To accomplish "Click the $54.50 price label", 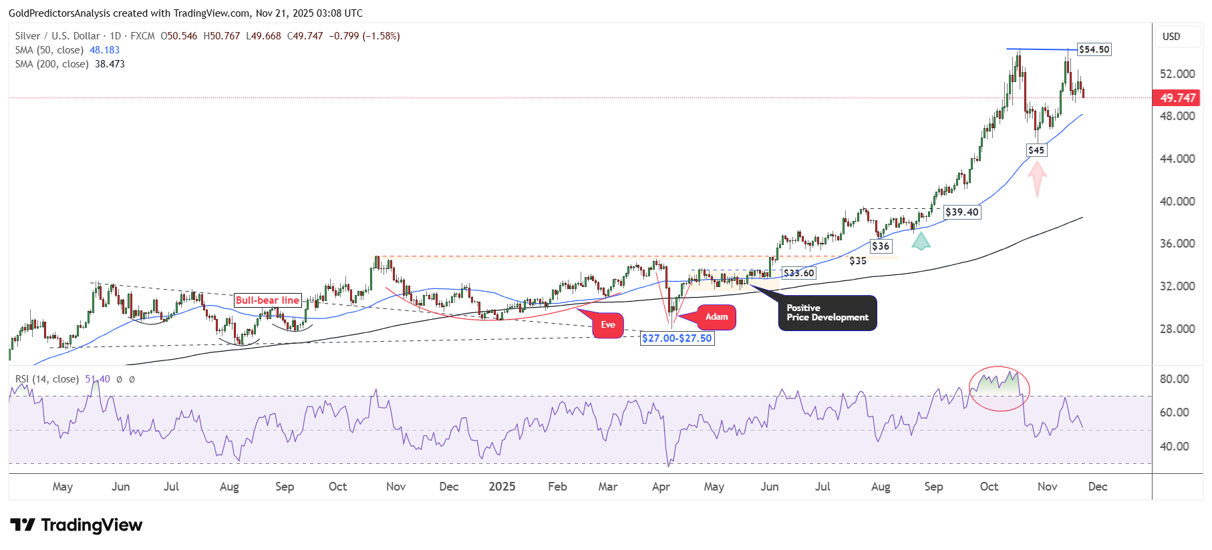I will (1094, 49).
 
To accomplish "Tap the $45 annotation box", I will (1036, 150).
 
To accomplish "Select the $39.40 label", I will (962, 212).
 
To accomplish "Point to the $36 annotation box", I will (881, 246).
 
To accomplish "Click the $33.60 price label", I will (799, 273).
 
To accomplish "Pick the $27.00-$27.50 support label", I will (677, 338).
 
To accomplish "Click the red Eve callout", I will (608, 325).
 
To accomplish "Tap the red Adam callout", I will (716, 317).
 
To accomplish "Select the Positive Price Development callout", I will (827, 313).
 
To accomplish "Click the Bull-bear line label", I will (267, 300).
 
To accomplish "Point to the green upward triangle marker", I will (921, 241).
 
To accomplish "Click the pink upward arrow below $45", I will (1037, 179).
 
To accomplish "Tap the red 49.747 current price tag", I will (1177, 98).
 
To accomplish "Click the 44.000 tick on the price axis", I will (1177, 159).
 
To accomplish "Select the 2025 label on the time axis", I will (502, 487).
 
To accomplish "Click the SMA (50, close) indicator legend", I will (67, 50).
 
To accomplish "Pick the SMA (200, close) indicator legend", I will (69, 64).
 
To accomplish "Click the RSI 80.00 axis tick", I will (1174, 379).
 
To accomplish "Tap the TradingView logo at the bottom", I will (76, 525).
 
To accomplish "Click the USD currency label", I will (1171, 37).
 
